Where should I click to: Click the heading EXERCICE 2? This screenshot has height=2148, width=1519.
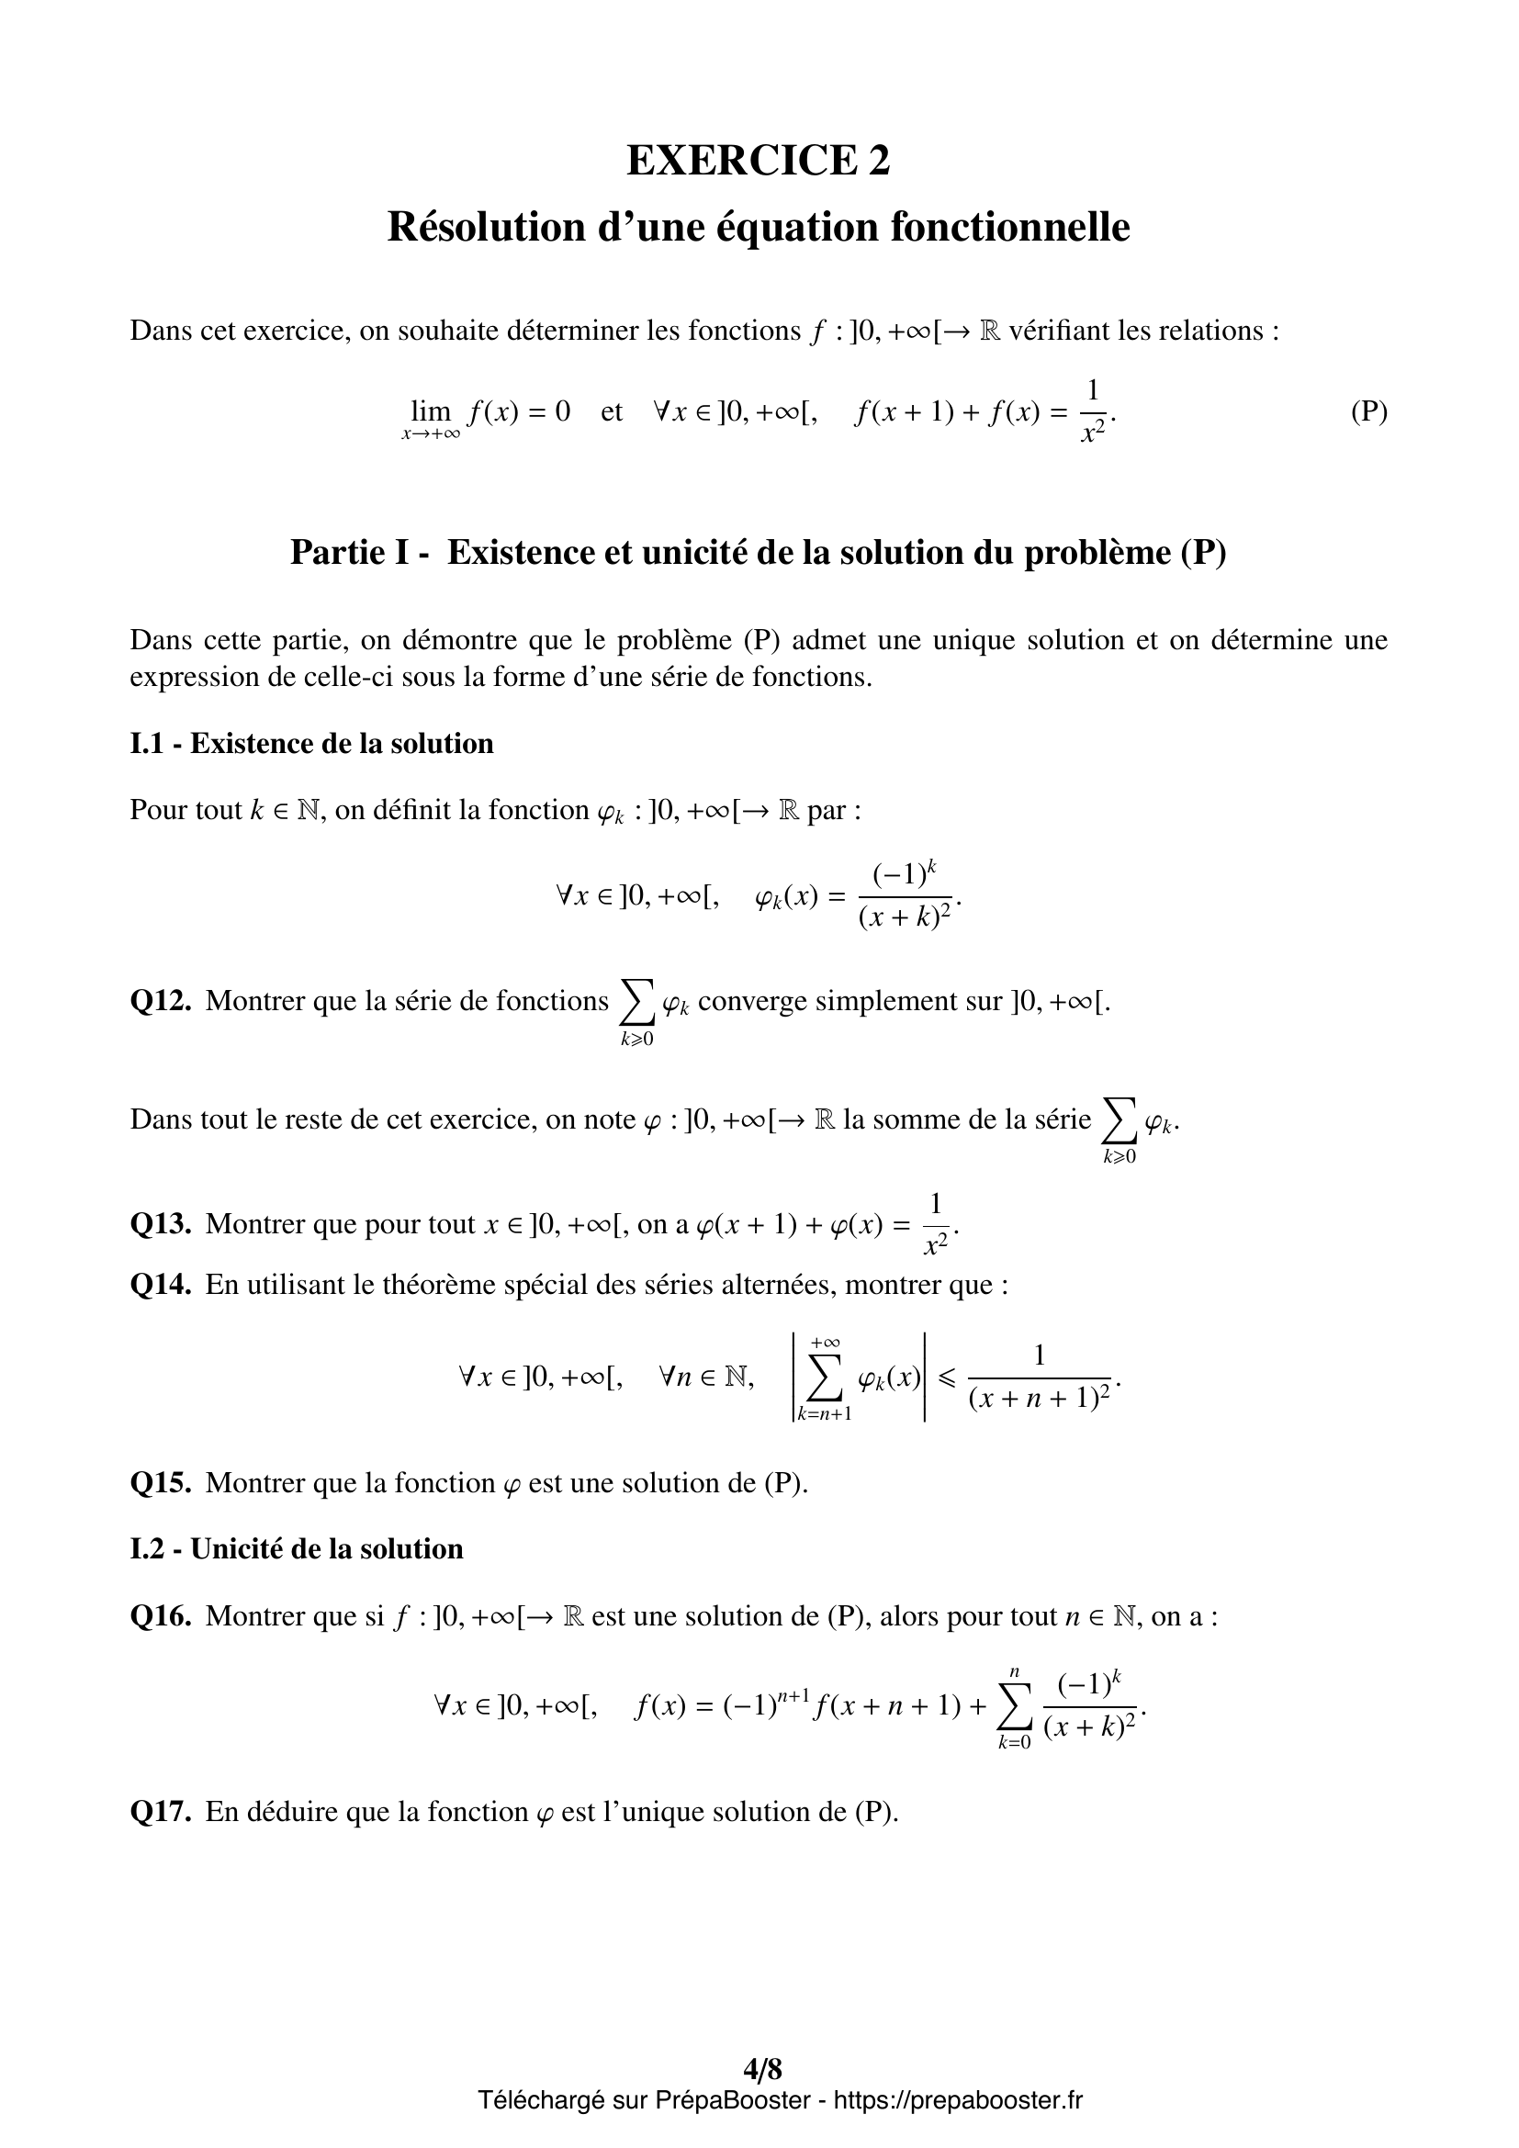(x=758, y=160)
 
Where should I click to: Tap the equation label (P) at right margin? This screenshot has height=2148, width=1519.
(x=1368, y=411)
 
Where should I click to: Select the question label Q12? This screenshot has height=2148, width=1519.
(x=161, y=1001)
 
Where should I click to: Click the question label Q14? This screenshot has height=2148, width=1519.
(x=161, y=1285)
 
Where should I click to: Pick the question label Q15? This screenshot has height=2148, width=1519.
(x=161, y=1483)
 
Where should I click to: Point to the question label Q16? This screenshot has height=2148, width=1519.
(x=161, y=1615)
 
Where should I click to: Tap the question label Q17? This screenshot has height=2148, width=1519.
(x=161, y=1812)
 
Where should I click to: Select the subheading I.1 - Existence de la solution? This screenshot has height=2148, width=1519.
(x=311, y=744)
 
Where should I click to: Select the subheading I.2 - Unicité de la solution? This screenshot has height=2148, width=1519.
(x=297, y=1549)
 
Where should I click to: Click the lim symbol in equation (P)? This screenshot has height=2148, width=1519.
(x=430, y=411)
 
